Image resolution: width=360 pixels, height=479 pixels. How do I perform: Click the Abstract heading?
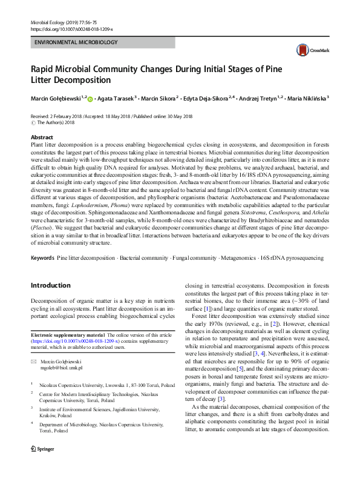click(42, 137)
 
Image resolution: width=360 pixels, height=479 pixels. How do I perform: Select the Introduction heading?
click(50, 285)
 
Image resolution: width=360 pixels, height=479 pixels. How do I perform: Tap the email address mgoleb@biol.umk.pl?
click(62, 368)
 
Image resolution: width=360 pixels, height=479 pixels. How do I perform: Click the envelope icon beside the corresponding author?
click(34, 361)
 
